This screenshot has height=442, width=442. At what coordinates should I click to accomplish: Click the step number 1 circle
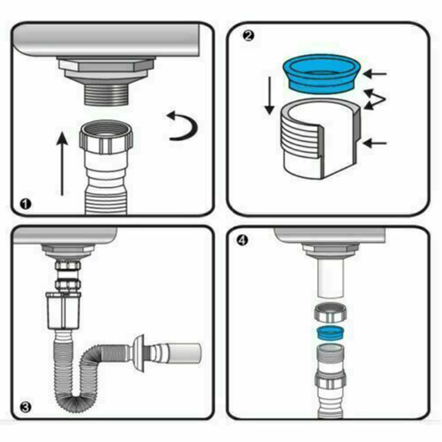click(26, 204)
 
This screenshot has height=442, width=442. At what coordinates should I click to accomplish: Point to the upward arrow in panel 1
click(63, 163)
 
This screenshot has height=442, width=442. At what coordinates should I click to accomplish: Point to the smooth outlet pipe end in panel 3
click(185, 352)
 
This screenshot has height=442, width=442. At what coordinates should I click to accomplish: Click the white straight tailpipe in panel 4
click(330, 278)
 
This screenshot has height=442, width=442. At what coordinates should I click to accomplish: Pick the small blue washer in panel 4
click(330, 332)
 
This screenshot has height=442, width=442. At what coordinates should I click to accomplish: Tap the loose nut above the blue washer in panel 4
click(330, 314)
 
